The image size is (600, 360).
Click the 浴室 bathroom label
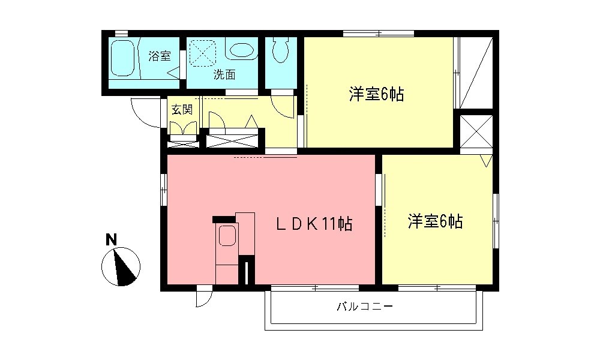pyautogui.click(x=160, y=56)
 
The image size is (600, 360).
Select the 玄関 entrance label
pyautogui.click(x=181, y=110)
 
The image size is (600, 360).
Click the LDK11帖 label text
pyautogui.click(x=313, y=224)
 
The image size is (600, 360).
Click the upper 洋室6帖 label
pyautogui.click(x=376, y=94)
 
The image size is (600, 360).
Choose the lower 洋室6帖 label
pyautogui.click(x=435, y=221)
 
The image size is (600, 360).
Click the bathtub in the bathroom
pyautogui.click(x=123, y=58)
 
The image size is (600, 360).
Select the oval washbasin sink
pyautogui.click(x=242, y=51)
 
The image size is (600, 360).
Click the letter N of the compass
pyautogui.click(x=111, y=239)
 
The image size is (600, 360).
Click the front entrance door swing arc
pyautogui.click(x=144, y=114)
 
